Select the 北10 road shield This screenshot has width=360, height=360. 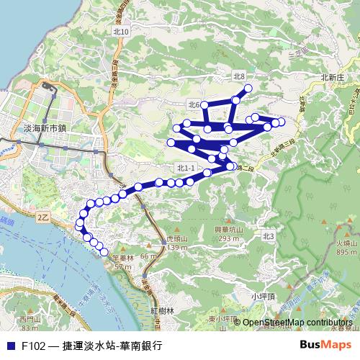coord(121,32)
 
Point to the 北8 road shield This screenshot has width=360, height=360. coord(240,76)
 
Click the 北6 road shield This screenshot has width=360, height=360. coord(193,105)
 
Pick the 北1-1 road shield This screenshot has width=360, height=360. coord(185,168)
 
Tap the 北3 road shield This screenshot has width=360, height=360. coord(269,235)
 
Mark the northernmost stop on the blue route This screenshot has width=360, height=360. coord(248,89)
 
